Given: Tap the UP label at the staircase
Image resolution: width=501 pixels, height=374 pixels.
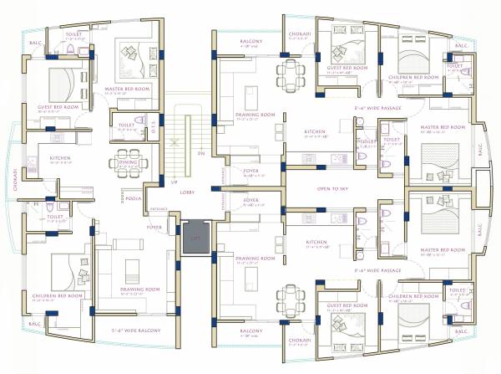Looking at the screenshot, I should (174, 182).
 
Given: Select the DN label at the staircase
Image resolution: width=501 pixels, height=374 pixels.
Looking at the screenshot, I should (200, 154).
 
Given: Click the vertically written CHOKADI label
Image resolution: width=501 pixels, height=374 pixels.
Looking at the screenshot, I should (15, 179).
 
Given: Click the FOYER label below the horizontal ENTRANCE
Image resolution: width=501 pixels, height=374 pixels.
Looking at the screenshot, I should (154, 227).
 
